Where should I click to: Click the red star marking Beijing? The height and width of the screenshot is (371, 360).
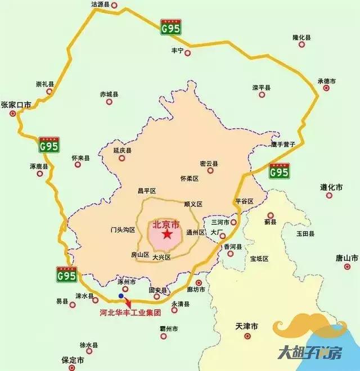tap(166, 234)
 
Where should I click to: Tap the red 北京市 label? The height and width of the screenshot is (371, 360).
tap(166, 224)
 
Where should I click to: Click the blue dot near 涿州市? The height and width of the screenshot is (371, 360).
tap(120, 295)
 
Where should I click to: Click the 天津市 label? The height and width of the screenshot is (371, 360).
tap(246, 327)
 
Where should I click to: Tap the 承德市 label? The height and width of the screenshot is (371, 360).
tap(326, 82)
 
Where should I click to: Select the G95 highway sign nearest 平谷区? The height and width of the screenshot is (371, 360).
tap(279, 169)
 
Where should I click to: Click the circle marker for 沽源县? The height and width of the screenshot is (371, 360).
tap(115, 6)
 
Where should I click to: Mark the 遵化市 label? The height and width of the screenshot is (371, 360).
tap(331, 187)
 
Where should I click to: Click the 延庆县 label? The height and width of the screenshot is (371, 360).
tap(122, 151)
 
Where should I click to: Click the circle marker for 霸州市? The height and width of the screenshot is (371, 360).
tap(163, 336)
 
